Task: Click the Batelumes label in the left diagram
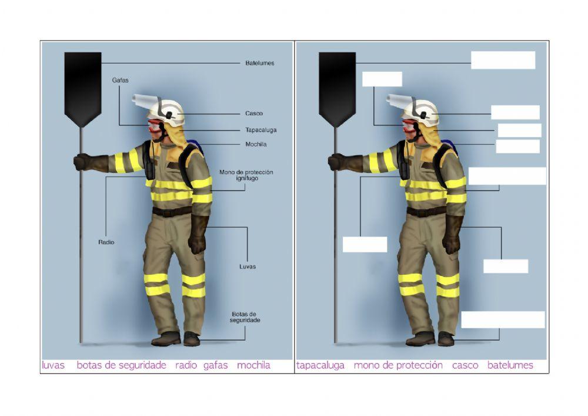click(x=259, y=63)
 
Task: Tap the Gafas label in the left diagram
click(x=120, y=80)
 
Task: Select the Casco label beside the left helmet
click(x=254, y=114)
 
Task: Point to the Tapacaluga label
click(x=260, y=130)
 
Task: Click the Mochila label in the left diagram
click(x=256, y=144)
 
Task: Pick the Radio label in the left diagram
click(x=106, y=242)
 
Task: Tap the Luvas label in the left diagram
click(x=248, y=267)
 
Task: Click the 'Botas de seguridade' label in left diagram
click(x=245, y=317)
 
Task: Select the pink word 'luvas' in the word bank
click(x=54, y=365)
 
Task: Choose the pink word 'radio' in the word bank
click(x=186, y=365)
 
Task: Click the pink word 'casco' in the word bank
click(x=465, y=365)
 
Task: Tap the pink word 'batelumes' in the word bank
click(x=510, y=365)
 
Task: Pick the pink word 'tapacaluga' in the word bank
click(x=320, y=365)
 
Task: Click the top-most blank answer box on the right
click(x=503, y=60)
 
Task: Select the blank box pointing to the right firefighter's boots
click(x=503, y=320)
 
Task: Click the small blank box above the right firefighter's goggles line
click(x=382, y=79)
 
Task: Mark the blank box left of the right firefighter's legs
click(x=365, y=244)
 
